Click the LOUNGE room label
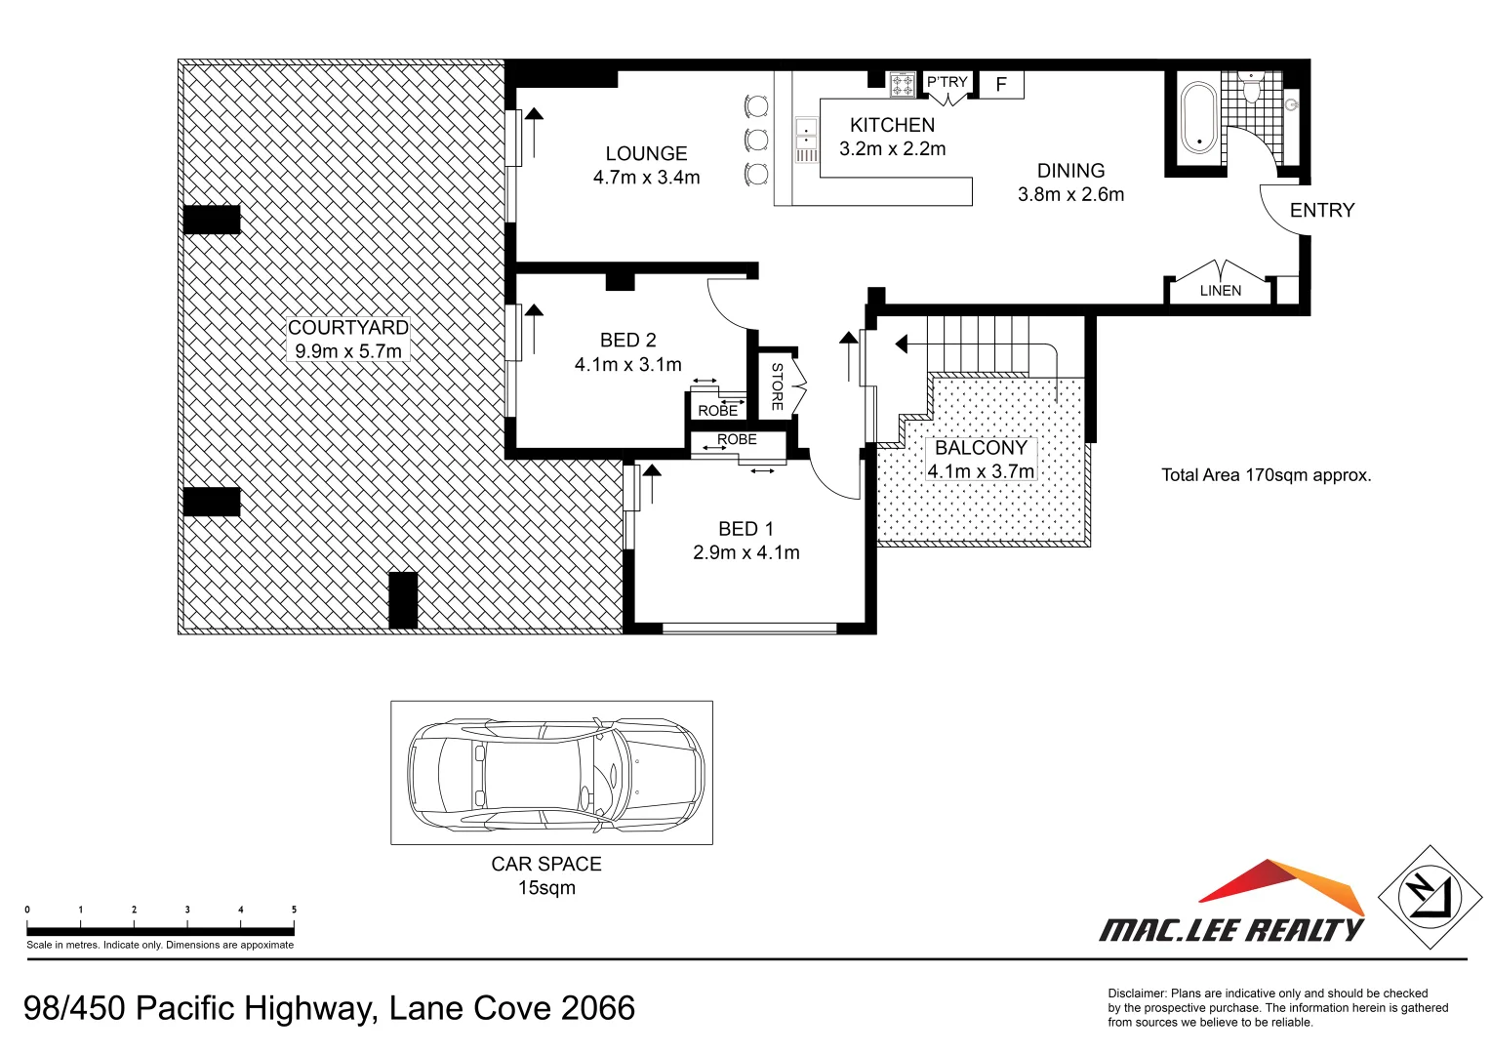coord(646,154)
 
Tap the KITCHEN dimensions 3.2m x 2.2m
coord(892,149)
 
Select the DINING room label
coord(1070,171)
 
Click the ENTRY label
coord(1321,211)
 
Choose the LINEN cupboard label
coord(1220,291)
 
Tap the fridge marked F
coord(1001,85)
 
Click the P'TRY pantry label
coord(947,82)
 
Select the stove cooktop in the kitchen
coord(903,85)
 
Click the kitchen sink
coord(806,140)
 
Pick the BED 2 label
coord(627,341)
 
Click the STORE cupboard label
coord(777,386)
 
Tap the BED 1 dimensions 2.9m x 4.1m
coord(745,553)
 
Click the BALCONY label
coord(981,448)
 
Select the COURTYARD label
coord(347,328)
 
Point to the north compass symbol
coord(1429,897)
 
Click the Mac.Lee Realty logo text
coord(1231,930)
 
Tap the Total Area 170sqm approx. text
coord(1266,475)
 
